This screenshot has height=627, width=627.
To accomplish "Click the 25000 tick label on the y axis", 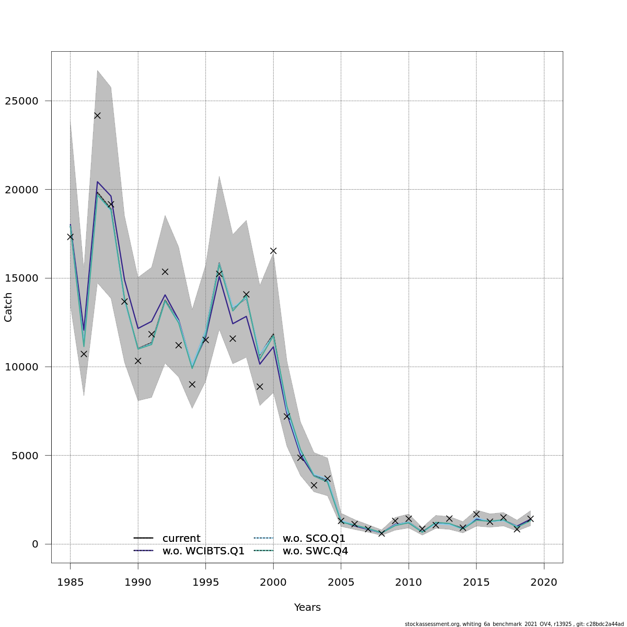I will [x=22, y=101].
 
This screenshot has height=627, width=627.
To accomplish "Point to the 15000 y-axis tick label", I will [x=22, y=278].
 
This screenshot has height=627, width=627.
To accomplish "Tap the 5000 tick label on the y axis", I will [x=26, y=455].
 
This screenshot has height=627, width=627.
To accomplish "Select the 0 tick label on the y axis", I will [x=35, y=544].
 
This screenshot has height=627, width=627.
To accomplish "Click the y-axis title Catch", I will [x=8, y=307].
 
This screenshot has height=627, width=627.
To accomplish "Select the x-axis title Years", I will [x=307, y=607].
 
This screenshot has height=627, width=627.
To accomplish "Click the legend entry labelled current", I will [x=181, y=538].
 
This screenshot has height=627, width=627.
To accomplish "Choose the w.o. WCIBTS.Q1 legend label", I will [x=203, y=551].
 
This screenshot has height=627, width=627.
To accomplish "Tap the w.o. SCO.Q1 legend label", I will [x=314, y=538].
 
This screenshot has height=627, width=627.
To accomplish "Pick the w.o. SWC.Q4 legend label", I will [x=315, y=551].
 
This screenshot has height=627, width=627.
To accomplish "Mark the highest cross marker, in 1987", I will [x=97, y=115].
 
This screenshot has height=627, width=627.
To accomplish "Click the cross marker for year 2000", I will [x=273, y=251].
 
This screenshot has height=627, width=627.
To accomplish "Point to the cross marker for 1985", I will [x=70, y=237].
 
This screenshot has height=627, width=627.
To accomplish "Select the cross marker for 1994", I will [x=192, y=384].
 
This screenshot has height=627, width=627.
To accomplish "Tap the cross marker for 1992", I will [x=165, y=272].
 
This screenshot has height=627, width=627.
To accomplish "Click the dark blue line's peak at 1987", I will [x=97, y=182].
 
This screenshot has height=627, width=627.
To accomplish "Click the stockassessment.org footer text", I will [x=514, y=624].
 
